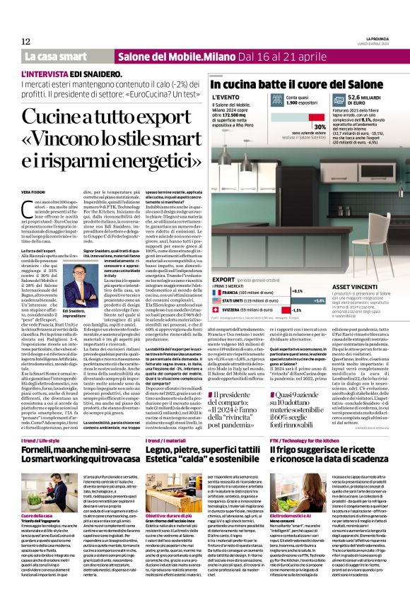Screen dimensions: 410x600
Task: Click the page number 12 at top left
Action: (25, 41)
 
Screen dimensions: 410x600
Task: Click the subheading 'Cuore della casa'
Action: (40, 478)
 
